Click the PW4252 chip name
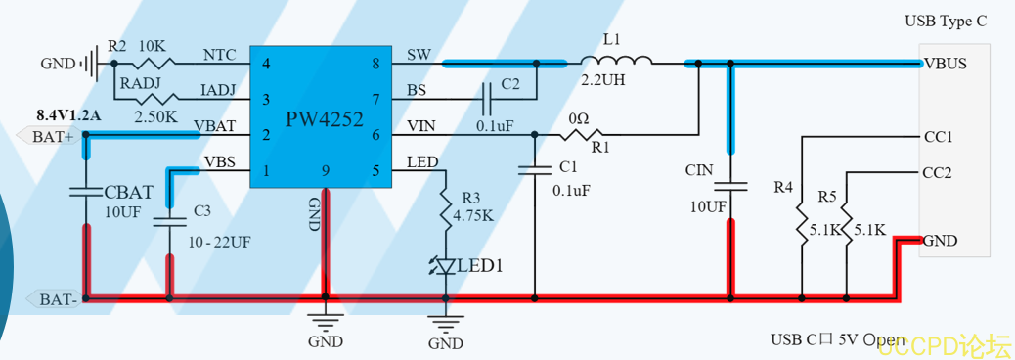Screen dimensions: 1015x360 [325, 119]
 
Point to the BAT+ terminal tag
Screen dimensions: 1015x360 [49, 136]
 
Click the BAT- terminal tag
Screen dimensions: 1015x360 [55, 299]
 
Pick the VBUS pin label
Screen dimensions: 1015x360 [946, 64]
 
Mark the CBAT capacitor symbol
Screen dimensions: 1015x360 [85, 193]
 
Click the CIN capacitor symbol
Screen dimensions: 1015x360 [730, 187]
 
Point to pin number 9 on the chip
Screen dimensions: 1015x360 [326, 171]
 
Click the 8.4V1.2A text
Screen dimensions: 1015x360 [69, 115]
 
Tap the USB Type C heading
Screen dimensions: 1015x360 [946, 22]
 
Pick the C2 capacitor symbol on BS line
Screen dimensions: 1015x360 [488, 99]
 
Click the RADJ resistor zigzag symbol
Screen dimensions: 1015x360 [156, 99]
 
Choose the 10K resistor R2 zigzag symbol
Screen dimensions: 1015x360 [154, 63]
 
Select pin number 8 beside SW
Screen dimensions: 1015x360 [376, 64]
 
